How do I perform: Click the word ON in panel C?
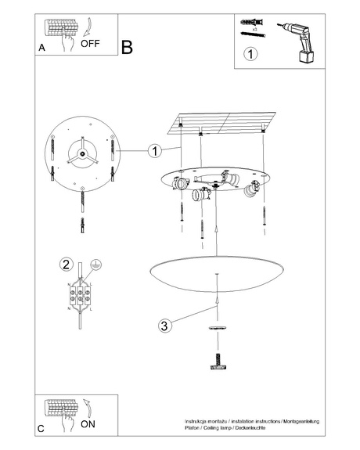pos(88,424)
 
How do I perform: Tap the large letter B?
pos(128,47)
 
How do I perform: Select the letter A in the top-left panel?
pos(41,49)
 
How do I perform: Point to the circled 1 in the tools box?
pos(250,55)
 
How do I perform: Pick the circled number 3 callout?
pos(163,326)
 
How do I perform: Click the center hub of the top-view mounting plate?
pos(81,153)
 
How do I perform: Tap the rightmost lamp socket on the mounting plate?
pos(252,189)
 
